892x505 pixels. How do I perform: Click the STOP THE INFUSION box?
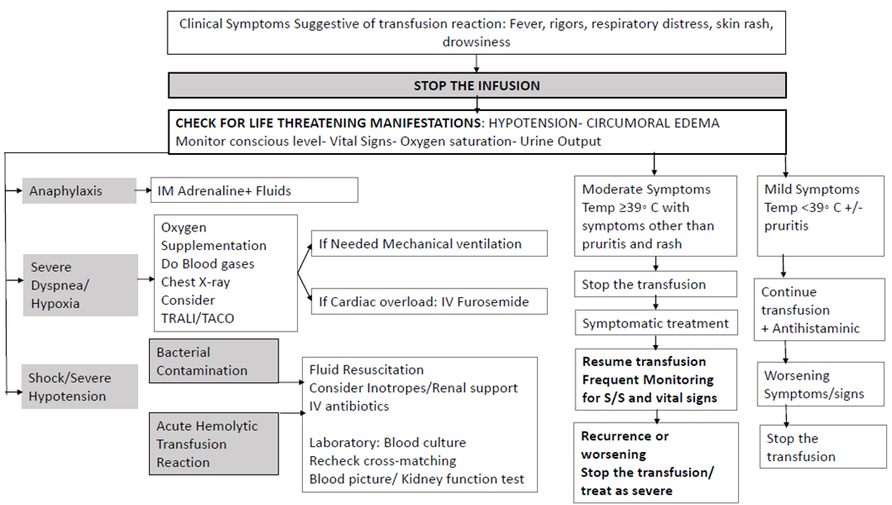click(477, 85)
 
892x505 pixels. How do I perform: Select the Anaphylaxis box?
click(79, 190)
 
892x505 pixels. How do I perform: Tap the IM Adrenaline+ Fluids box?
click(254, 190)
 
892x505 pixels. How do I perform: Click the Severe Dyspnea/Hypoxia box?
click(80, 285)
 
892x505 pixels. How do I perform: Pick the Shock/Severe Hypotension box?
click(80, 386)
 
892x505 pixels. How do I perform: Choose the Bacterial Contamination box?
click(214, 361)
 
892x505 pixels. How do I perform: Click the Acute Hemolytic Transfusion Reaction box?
click(214, 444)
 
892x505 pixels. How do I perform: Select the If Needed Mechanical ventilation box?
click(429, 243)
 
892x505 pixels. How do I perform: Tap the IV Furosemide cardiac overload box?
click(429, 301)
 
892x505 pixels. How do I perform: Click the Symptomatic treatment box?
click(656, 323)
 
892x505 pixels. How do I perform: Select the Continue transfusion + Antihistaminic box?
click(819, 310)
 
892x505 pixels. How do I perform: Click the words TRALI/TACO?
click(198, 318)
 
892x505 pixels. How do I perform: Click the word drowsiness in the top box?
click(477, 41)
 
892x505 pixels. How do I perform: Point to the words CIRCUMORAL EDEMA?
click(653, 123)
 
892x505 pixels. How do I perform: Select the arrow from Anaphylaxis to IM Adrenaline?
click(144, 190)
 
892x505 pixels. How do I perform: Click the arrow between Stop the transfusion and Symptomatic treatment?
click(656, 304)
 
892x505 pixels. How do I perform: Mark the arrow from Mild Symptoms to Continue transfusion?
click(784, 267)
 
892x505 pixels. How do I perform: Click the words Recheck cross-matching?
click(383, 460)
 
